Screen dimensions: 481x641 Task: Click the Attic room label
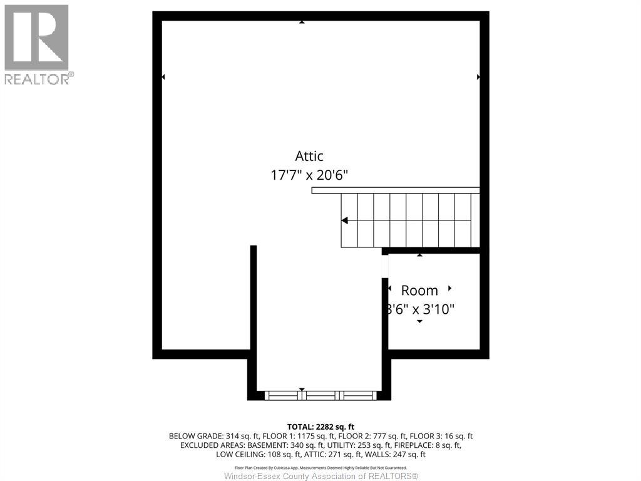pos(309,157)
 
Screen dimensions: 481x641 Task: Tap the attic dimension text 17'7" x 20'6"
pos(309,175)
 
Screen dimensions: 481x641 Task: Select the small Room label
pos(419,291)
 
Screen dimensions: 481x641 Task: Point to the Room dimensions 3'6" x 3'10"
pos(419,309)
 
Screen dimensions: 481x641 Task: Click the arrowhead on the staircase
pos(344,220)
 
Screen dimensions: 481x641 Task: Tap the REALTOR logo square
pos(36,37)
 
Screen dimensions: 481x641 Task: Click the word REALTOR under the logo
pos(36,79)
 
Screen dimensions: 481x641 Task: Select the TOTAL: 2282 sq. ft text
pos(320,427)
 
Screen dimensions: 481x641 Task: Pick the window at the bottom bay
pos(320,395)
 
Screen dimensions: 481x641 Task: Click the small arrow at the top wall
pos(302,22)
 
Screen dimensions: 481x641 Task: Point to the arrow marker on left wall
pos(163,77)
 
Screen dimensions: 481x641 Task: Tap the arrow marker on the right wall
pos(479,77)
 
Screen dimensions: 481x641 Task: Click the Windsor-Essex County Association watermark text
pos(320,477)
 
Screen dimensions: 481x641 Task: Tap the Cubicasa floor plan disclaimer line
pos(320,468)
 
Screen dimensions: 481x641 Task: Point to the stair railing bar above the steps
pos(396,190)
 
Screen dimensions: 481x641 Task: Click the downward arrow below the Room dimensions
pos(419,321)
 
